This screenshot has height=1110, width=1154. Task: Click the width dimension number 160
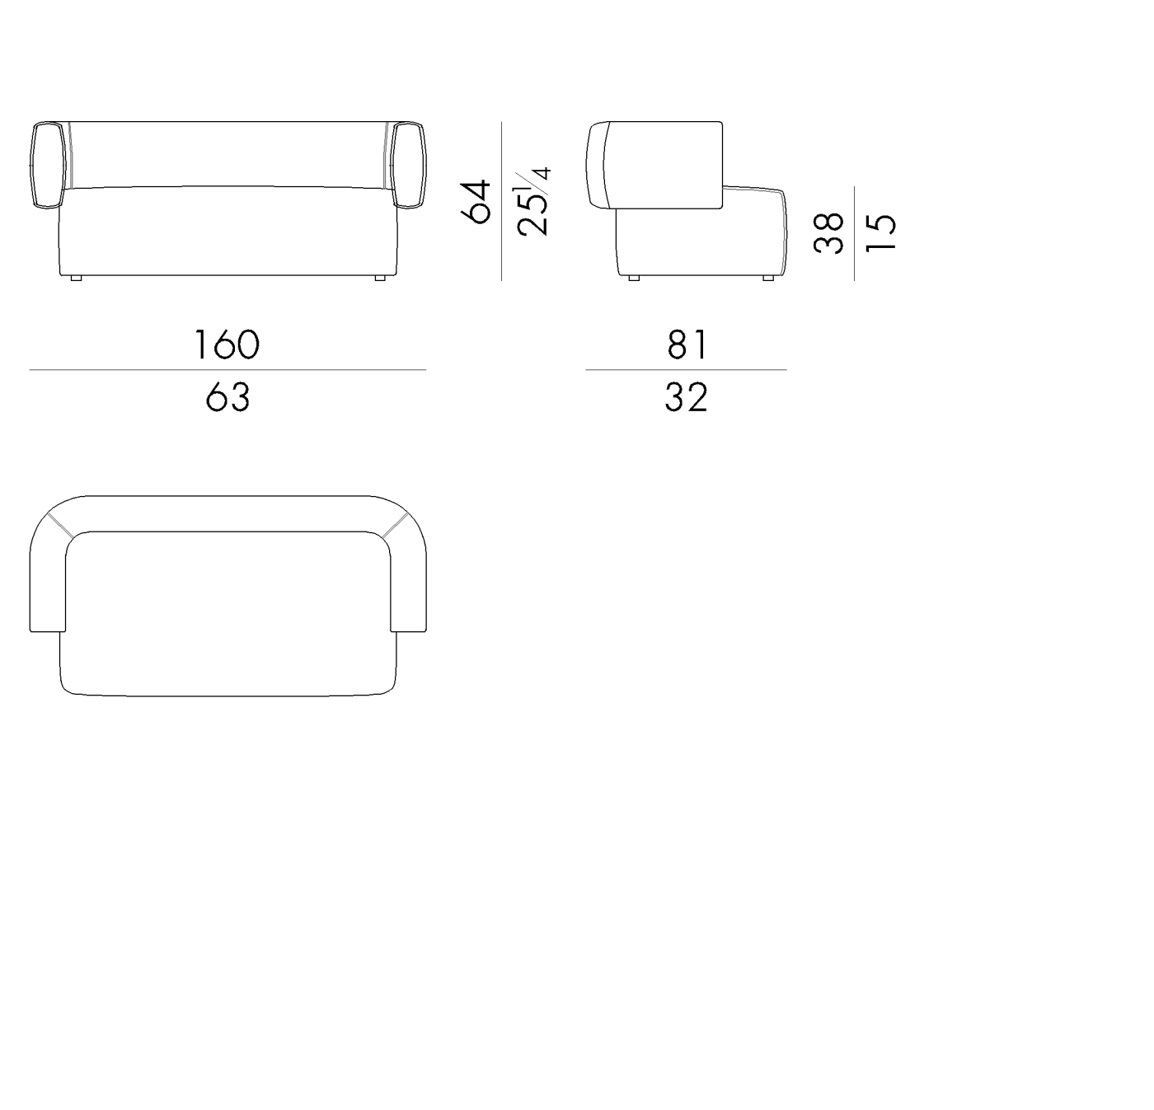point(227,344)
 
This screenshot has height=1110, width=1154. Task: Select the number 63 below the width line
point(228,397)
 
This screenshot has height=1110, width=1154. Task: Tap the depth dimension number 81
point(687,344)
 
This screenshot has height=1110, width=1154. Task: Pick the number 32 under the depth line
point(686,397)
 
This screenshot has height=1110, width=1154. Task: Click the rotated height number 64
point(477,202)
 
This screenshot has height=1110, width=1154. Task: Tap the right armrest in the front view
point(409,164)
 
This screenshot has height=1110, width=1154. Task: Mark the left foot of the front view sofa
point(76,279)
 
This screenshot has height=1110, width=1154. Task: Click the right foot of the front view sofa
point(380,279)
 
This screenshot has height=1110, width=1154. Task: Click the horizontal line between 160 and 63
point(228,370)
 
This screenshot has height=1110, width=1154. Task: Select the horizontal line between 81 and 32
point(686,370)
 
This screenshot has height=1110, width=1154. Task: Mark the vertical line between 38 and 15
point(855,233)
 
